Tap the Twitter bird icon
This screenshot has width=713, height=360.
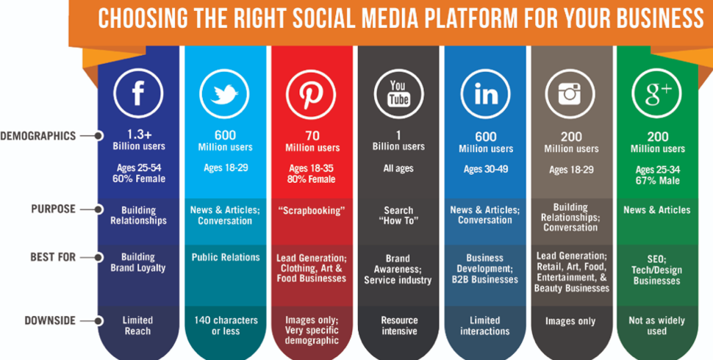225,93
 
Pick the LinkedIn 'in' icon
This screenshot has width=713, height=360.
485,94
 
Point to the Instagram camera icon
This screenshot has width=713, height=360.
570,93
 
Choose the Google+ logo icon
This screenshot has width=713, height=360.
656,93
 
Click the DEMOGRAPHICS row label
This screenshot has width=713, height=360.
37,135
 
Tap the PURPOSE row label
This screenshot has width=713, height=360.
53,209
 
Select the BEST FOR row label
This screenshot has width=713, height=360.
53,257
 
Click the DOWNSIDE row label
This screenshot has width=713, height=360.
50,320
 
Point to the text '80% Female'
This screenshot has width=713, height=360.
312,179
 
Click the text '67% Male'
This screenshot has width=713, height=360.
658,181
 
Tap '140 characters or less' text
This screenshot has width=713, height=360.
226,325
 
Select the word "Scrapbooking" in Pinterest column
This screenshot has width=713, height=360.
312,210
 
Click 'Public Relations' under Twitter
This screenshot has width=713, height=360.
226,257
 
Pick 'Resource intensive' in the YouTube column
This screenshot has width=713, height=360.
399,325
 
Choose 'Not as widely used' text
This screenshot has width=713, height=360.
656,326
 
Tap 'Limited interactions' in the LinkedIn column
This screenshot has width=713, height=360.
484,325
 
